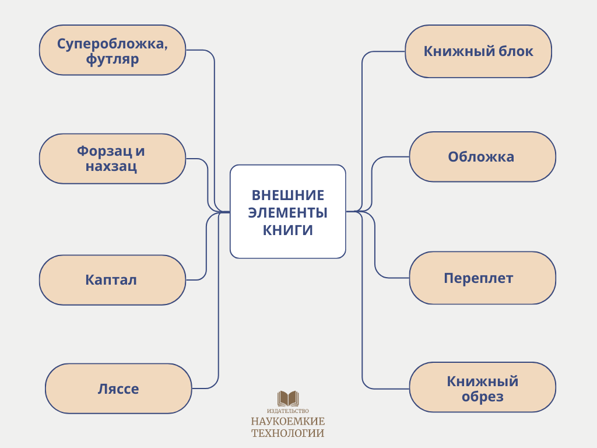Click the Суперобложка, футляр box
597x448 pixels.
pyautogui.click(x=112, y=50)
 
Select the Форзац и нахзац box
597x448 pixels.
pyautogui.click(x=112, y=159)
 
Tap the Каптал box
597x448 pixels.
pyautogui.click(x=112, y=280)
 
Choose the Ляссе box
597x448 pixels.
pyautogui.click(x=118, y=388)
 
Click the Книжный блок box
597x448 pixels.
pyautogui.click(x=478, y=51)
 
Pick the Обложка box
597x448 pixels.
pyautogui.click(x=482, y=157)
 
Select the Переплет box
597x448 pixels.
pyautogui.click(x=482, y=278)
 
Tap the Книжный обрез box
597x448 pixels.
pyautogui.click(x=482, y=388)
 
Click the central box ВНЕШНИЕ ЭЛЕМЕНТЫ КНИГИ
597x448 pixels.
pyautogui.click(x=288, y=211)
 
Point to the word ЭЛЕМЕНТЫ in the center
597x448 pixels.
pyautogui.click(x=288, y=212)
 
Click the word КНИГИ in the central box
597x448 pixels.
pyautogui.click(x=288, y=230)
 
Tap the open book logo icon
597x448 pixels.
pyautogui.click(x=288, y=398)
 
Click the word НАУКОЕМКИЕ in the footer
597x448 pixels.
pyautogui.click(x=288, y=421)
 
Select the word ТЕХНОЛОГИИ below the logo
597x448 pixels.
pyautogui.click(x=288, y=433)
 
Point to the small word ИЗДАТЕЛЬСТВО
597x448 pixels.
pyautogui.click(x=288, y=411)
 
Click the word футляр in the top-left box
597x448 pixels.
pyautogui.click(x=112, y=59)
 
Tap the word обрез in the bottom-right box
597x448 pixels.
pyautogui.click(x=482, y=397)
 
